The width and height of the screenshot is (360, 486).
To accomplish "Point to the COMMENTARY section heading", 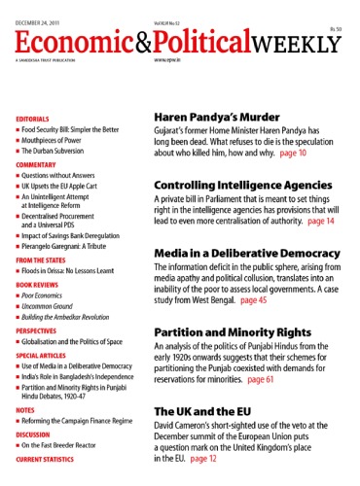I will coord(39,165).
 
